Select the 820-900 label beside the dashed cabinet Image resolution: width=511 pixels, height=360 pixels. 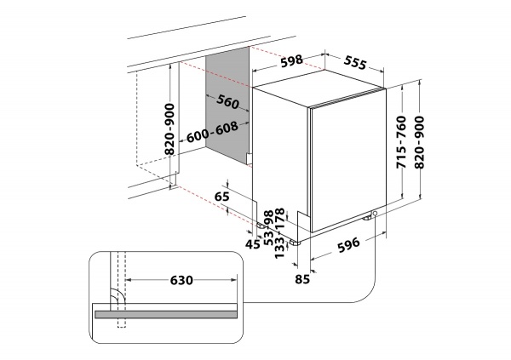[169, 129]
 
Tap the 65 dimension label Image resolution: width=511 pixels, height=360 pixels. [222, 197]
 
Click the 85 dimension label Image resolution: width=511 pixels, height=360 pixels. [302, 277]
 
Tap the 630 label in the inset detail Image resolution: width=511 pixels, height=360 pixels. [181, 280]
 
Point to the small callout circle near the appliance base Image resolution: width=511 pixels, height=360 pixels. [375, 225]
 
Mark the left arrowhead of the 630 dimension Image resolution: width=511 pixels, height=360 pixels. [129, 280]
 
